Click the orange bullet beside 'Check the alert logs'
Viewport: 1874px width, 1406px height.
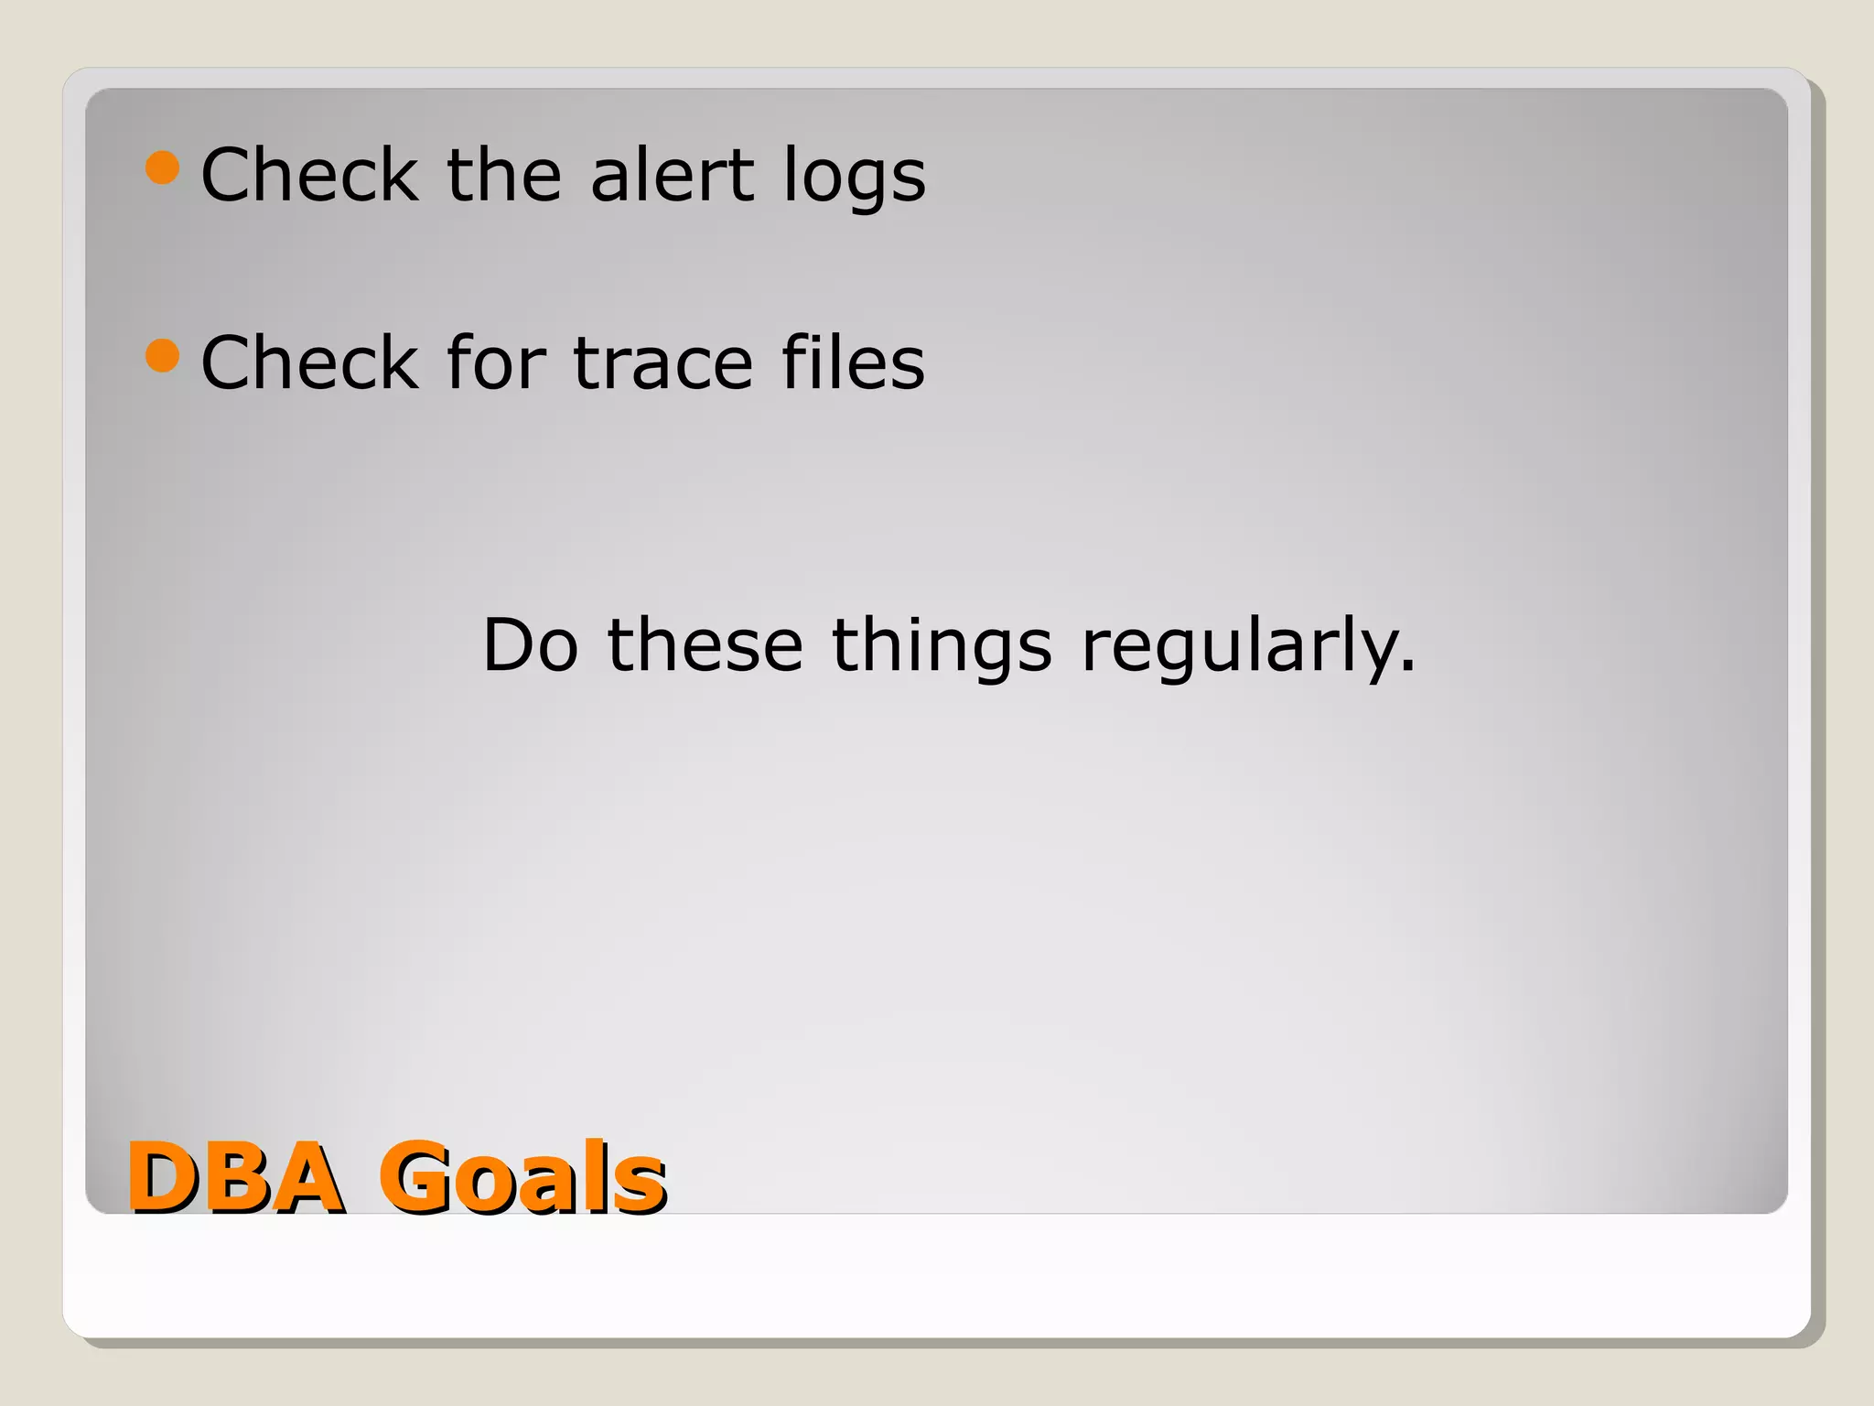click(162, 168)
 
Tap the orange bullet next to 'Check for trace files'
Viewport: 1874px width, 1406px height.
click(162, 355)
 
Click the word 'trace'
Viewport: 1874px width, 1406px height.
click(663, 363)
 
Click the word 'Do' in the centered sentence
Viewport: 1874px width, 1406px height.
click(531, 645)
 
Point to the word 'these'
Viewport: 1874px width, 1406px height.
click(705, 645)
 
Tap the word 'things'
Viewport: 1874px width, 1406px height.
click(942, 647)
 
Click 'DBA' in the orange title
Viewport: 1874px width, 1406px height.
click(235, 1178)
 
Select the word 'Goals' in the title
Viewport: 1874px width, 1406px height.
click(522, 1178)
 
